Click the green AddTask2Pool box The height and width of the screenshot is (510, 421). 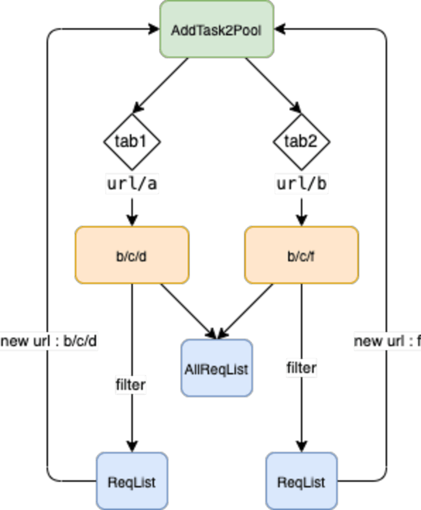click(217, 30)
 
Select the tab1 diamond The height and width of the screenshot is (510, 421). click(132, 142)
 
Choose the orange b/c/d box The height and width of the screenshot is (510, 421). click(132, 255)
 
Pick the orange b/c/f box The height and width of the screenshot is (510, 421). click(302, 255)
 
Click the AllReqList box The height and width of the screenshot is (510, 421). click(217, 368)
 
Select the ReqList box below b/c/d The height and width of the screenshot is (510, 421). click(132, 481)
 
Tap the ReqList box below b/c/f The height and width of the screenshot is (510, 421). click(302, 481)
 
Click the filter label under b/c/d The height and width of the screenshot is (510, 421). click(130, 384)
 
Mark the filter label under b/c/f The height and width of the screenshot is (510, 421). click(302, 368)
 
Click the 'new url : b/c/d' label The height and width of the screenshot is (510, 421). click(49, 341)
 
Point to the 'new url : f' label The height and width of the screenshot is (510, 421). click(387, 341)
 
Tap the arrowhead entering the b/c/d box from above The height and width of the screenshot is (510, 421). click(132, 220)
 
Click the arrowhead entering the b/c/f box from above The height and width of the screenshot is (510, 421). click(302, 220)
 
